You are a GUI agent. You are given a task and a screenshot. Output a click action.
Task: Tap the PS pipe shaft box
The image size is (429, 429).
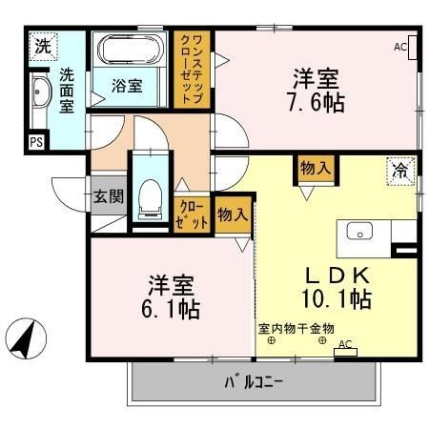click(36, 143)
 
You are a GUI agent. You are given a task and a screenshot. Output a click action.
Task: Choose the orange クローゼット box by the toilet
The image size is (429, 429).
click(192, 214)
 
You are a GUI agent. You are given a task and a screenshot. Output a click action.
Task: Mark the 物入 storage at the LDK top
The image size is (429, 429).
click(316, 168)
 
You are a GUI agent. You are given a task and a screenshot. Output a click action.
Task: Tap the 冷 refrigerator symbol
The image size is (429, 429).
click(399, 172)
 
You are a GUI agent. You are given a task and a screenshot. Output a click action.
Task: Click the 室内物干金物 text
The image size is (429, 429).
click(296, 330)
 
